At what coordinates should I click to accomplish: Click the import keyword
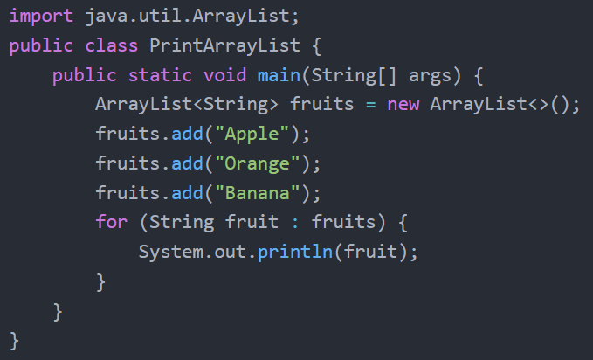tap(41, 17)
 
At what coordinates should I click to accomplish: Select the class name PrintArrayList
tap(224, 45)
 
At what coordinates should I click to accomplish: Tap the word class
tap(112, 45)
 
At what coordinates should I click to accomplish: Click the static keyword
tap(160, 75)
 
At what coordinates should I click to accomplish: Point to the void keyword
tap(225, 75)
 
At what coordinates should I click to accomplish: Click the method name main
tap(279, 75)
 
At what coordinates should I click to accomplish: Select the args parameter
tap(430, 76)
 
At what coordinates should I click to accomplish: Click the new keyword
tap(403, 104)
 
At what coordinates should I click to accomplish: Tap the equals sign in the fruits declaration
tap(370, 105)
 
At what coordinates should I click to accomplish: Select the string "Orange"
tap(257, 163)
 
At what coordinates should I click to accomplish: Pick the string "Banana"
tap(257, 193)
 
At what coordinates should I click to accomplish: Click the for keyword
tap(112, 222)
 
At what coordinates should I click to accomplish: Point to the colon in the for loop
tap(295, 223)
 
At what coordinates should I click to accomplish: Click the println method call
tap(295, 252)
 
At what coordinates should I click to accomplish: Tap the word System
tap(171, 253)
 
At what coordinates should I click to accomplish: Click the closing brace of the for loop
tap(101, 282)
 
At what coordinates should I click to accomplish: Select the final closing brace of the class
tap(14, 341)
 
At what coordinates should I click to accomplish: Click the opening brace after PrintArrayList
tap(316, 46)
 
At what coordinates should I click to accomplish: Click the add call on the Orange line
tap(187, 163)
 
